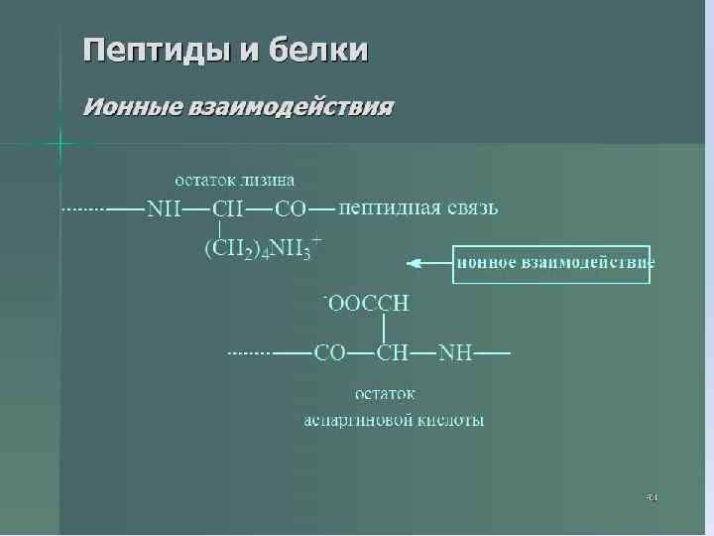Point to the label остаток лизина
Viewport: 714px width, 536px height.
[234, 180]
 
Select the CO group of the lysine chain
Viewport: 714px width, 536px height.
[290, 209]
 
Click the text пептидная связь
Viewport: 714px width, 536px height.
[418, 208]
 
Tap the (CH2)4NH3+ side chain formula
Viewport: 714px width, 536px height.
[261, 250]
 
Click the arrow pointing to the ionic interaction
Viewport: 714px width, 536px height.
[428, 263]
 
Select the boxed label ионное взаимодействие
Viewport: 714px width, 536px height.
[552, 264]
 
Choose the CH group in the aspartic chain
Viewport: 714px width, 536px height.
[393, 352]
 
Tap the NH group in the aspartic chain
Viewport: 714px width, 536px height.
[455, 352]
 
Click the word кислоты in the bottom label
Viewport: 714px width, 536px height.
[454, 420]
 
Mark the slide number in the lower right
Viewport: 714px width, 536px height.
[652, 495]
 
